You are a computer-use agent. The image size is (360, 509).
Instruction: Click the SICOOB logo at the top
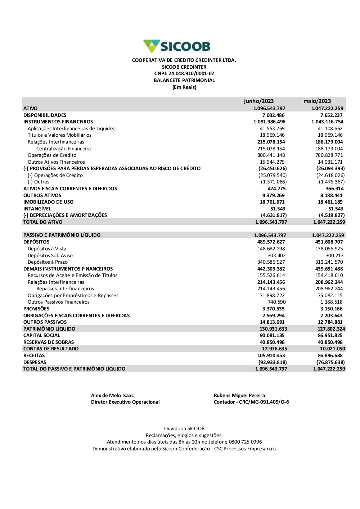tap(177, 46)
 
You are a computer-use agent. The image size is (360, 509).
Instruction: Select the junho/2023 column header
tap(258, 101)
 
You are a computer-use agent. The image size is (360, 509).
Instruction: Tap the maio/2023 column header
tap(317, 101)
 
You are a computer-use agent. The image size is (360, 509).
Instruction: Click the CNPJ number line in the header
tap(184, 74)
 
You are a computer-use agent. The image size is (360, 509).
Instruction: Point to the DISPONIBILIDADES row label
tap(45, 115)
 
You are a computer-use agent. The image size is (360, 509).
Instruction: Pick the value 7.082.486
tap(273, 115)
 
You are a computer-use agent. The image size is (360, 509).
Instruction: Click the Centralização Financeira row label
tap(63, 149)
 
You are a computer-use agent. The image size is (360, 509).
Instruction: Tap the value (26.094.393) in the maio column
tap(330, 168)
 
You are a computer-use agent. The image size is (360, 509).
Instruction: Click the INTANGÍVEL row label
tap(37, 209)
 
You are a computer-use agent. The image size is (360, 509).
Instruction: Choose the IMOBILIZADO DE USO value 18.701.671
tap(272, 202)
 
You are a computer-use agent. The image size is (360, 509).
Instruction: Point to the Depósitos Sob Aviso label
tap(50, 255)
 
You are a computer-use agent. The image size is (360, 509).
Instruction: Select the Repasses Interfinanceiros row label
tap(65, 289)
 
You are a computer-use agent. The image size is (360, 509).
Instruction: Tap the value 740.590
tap(276, 302)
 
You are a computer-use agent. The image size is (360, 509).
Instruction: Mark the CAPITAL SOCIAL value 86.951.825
tap(330, 336)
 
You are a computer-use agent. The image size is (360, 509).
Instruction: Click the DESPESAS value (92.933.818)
tap(273, 362)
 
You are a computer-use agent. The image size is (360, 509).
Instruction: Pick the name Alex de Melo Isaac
tap(112, 395)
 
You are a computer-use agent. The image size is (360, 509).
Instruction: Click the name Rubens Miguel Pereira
tap(239, 395)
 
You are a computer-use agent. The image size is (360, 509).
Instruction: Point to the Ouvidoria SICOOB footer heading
tap(184, 428)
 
